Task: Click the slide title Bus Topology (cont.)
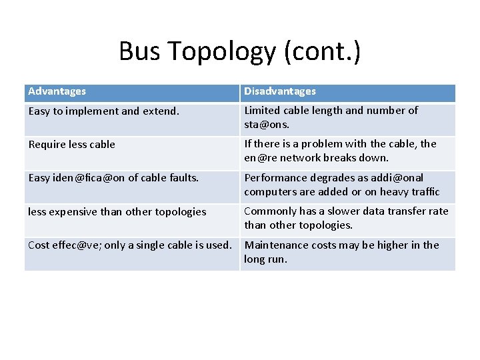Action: pyautogui.click(x=239, y=51)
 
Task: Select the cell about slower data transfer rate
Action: pyautogui.click(x=346, y=218)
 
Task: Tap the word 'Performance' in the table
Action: pyautogui.click(x=273, y=178)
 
